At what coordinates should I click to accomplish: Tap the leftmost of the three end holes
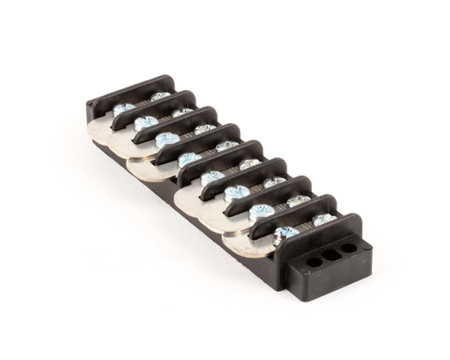[x=310, y=262]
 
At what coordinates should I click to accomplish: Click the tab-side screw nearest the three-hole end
[x=284, y=233]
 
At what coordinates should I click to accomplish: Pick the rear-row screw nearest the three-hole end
[x=323, y=219]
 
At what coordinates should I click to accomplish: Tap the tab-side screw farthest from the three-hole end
[x=123, y=109]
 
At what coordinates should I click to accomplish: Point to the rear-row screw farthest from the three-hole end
[x=160, y=97]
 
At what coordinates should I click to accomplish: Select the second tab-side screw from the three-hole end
[x=260, y=211]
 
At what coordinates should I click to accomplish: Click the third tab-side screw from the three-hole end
[x=236, y=193]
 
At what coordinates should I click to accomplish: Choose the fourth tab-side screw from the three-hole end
[x=212, y=177]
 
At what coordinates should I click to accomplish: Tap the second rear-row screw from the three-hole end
[x=298, y=200]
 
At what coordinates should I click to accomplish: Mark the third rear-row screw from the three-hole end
[x=274, y=181]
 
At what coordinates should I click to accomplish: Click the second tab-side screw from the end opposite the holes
[x=145, y=121]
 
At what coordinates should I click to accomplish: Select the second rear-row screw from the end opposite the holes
[x=182, y=112]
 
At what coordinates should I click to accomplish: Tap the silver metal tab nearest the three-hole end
[x=251, y=244]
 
